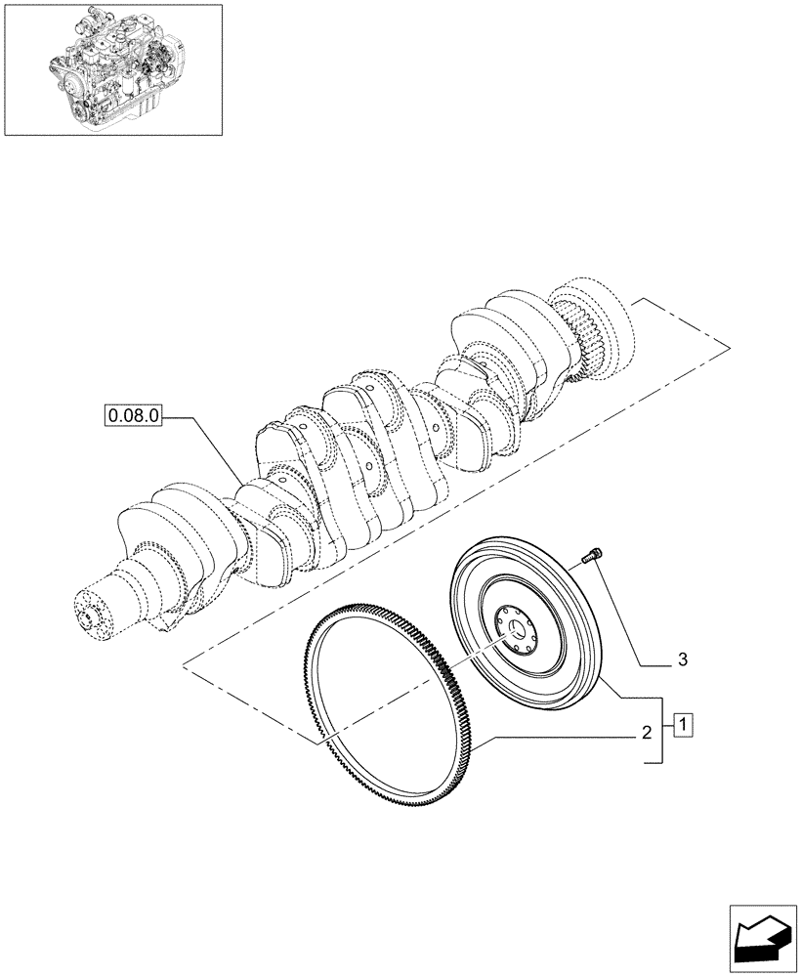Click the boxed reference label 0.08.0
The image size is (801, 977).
point(133,415)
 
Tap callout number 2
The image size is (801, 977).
point(646,732)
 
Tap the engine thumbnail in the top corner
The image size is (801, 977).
point(113,68)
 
